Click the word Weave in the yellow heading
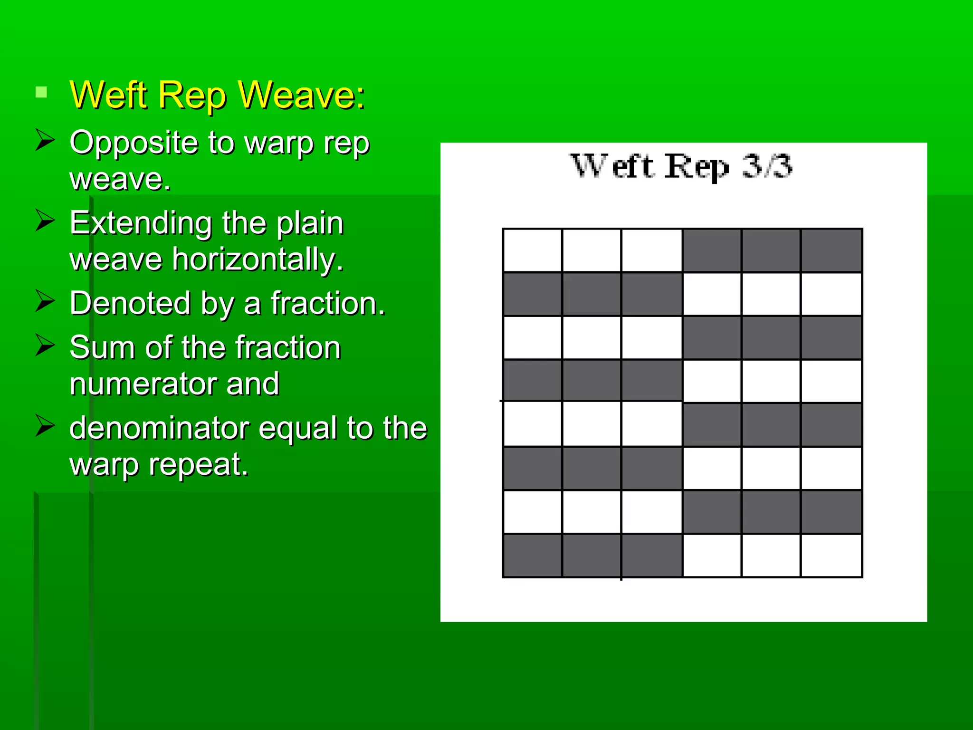coord(301,95)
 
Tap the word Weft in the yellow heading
coord(108,95)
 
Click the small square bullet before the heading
coord(41,92)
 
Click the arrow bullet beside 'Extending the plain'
coord(45,221)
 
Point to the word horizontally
coord(257,259)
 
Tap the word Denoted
coord(130,303)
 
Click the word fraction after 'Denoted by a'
coord(327,303)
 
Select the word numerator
coord(142,384)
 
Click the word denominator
coord(159,428)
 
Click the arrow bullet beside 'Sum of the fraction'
coord(45,346)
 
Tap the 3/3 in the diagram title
coord(767,166)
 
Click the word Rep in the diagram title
coord(696,167)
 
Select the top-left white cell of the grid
coord(533,250)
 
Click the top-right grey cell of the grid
coord(831,250)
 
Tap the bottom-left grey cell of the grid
coord(533,556)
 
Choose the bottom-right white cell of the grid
coord(831,556)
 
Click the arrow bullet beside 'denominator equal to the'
coord(45,426)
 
